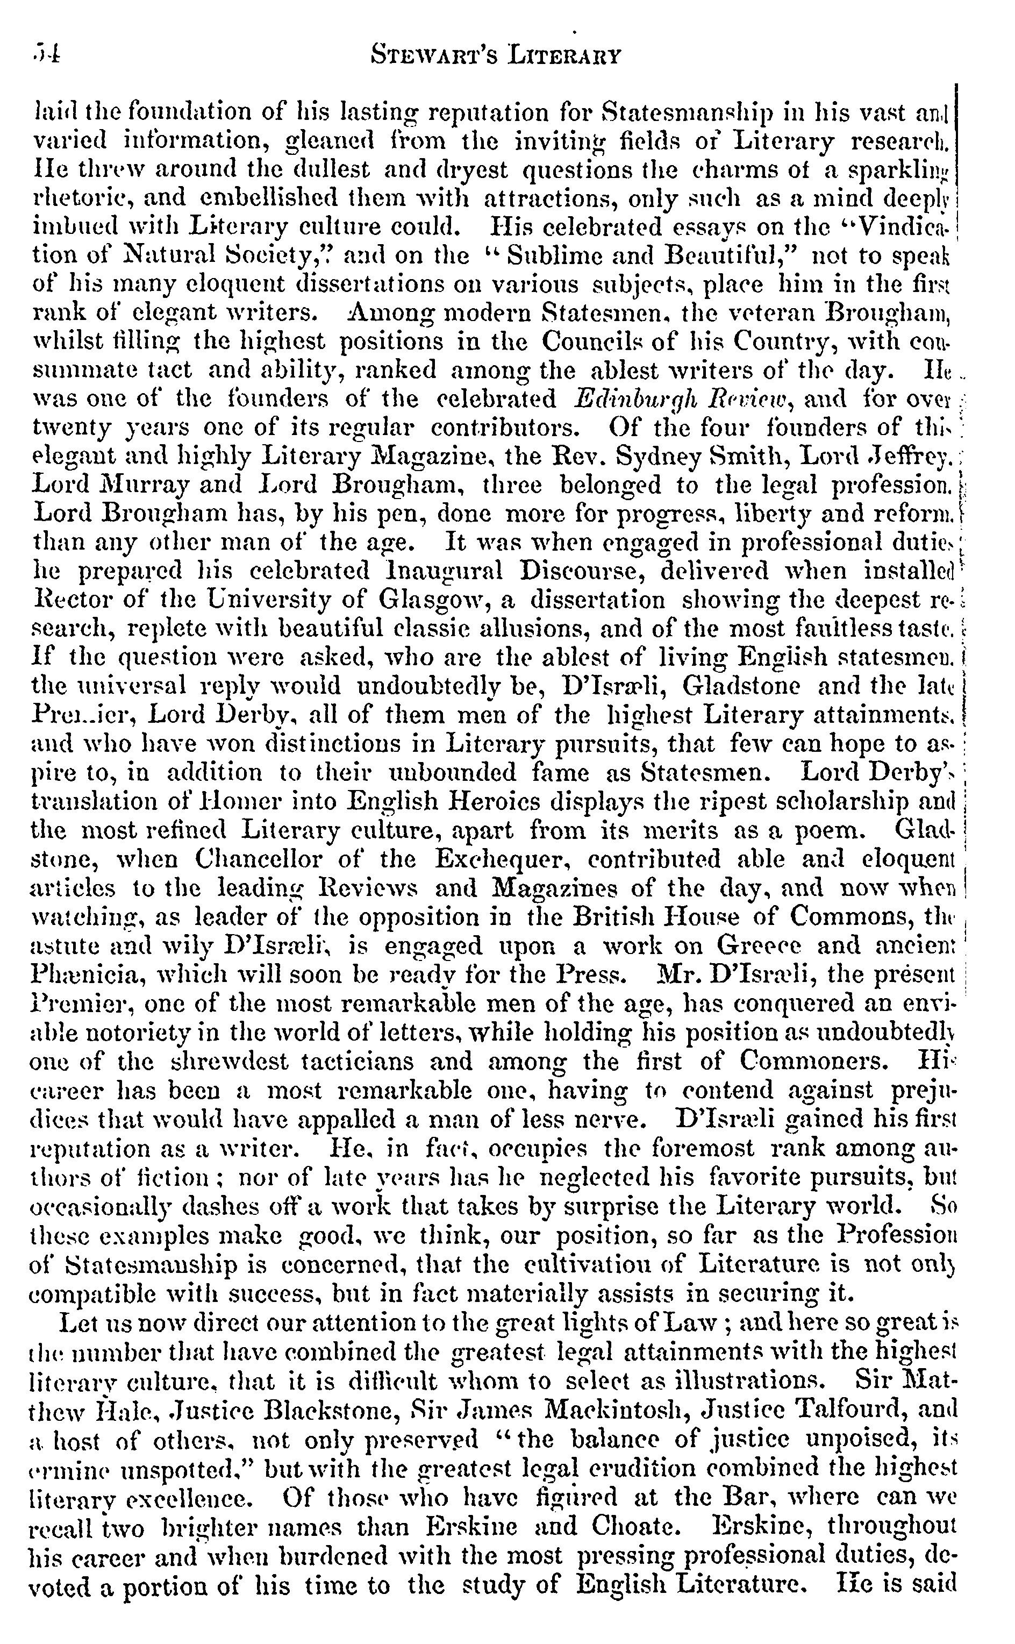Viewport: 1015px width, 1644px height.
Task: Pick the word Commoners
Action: [x=811, y=1061]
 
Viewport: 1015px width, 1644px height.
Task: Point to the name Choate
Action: [x=633, y=1527]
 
